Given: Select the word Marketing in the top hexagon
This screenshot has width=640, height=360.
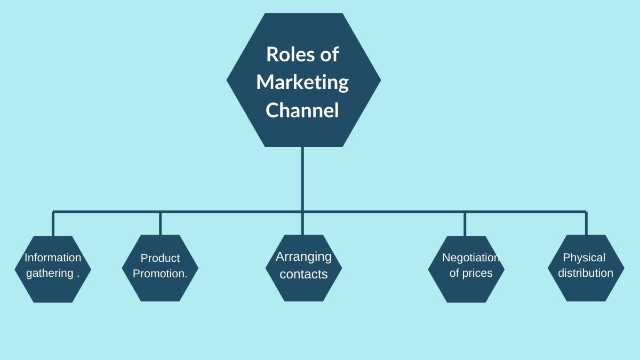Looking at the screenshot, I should (302, 83).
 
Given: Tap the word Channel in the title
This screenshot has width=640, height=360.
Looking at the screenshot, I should (302, 110).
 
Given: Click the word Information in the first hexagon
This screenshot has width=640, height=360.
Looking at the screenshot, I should (53, 258).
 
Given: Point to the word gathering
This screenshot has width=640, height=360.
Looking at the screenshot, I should (50, 273).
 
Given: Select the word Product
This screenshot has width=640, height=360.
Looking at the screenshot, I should (160, 258).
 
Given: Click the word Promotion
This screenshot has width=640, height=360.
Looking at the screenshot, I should (159, 274).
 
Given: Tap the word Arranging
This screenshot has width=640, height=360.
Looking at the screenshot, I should (303, 257).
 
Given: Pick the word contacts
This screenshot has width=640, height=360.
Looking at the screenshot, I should (303, 274).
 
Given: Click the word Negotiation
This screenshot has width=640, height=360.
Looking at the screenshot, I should (471, 258).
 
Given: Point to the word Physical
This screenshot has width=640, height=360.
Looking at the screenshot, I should (584, 258).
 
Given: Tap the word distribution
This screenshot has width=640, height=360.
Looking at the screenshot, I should (586, 273).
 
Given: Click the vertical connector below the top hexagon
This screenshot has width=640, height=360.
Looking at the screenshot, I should (302, 179).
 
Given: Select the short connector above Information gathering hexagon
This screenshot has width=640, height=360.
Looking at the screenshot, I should (53, 224).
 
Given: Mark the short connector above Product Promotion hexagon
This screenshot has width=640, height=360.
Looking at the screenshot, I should (160, 223).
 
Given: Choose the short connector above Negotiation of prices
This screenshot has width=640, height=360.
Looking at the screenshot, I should (465, 224).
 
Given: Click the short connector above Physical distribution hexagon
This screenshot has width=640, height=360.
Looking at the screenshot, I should (586, 223).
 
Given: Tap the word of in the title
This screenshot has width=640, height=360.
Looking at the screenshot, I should (327, 54).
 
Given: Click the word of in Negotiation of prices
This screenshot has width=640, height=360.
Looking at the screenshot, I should (454, 273).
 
